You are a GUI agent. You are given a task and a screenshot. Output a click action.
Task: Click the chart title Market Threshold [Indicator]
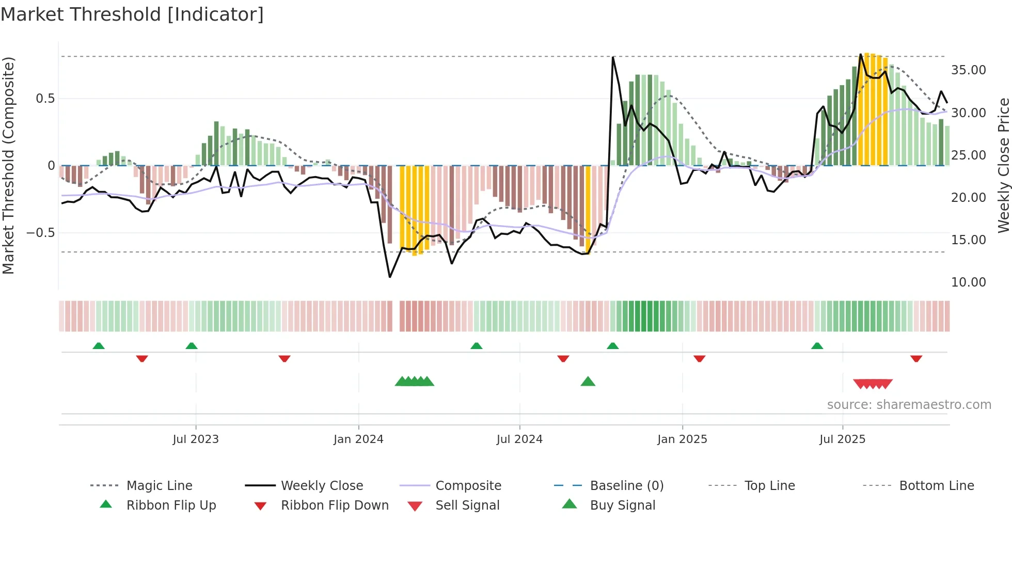(x=132, y=14)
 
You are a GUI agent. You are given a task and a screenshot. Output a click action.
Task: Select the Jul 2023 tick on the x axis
(x=196, y=439)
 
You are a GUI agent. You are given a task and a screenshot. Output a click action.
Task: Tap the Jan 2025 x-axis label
(x=682, y=439)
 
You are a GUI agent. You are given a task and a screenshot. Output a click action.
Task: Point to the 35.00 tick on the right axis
(x=968, y=70)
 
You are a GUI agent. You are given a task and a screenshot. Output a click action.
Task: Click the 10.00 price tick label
(x=968, y=282)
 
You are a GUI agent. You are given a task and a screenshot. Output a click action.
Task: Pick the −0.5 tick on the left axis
(x=41, y=233)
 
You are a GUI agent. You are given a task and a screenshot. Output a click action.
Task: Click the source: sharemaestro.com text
(x=909, y=405)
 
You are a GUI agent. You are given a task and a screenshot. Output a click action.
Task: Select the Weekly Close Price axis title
(x=1003, y=165)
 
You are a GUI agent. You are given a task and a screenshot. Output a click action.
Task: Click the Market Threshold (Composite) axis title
(x=8, y=165)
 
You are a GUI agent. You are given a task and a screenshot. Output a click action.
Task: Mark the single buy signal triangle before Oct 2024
(x=588, y=382)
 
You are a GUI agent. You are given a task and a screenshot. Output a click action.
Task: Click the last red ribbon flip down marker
(x=916, y=358)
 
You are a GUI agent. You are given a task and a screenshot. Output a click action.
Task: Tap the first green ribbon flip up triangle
(x=99, y=346)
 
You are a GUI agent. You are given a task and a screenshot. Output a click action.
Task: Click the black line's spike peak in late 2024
(x=613, y=57)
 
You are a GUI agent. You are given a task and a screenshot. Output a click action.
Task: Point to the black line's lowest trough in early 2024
(x=390, y=277)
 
